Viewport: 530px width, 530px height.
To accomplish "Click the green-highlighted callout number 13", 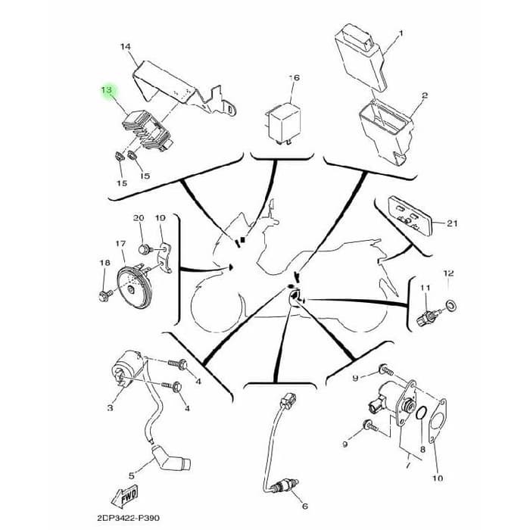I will (x=107, y=90).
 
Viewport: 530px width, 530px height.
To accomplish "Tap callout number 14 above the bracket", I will (x=126, y=47).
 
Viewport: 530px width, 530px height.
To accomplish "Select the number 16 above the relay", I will (x=295, y=78).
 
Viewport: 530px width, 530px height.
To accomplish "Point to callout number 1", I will (x=401, y=33).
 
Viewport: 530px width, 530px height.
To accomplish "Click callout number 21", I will (x=452, y=223).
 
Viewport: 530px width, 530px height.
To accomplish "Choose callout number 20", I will (x=139, y=218).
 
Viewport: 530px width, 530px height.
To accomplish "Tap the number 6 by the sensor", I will (x=304, y=506).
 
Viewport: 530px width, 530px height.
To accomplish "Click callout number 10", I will (x=438, y=478).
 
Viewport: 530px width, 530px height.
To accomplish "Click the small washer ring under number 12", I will (x=451, y=305).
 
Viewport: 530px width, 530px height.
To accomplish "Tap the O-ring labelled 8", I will (x=424, y=416).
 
